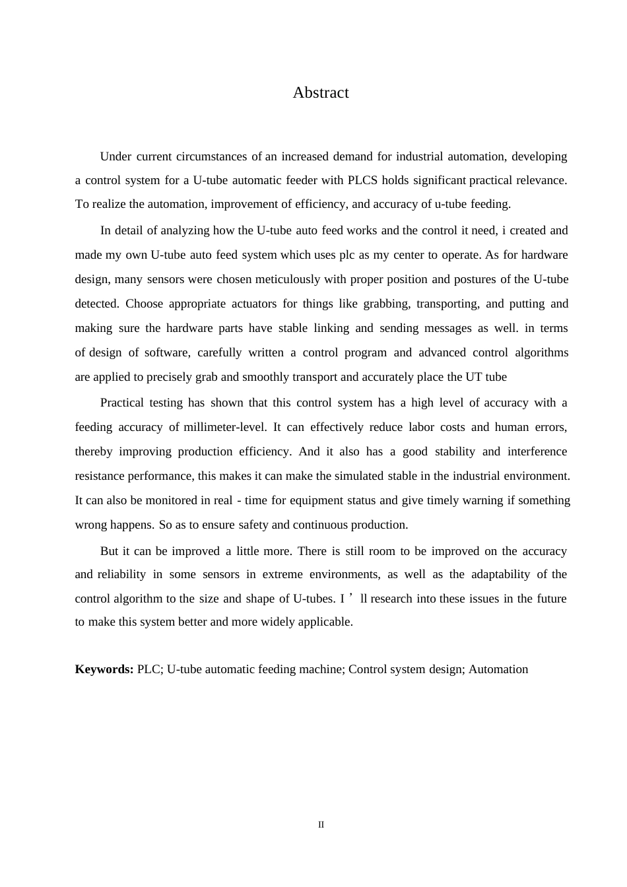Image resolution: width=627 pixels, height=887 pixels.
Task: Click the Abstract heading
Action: click(x=321, y=92)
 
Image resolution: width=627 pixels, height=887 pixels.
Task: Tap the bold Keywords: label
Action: click(x=104, y=669)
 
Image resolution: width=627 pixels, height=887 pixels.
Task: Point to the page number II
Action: click(x=321, y=825)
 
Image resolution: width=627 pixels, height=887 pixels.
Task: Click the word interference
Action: click(x=537, y=451)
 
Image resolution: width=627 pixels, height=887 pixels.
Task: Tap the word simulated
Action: click(x=360, y=476)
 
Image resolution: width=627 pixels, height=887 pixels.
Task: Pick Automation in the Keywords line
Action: click(x=498, y=669)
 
